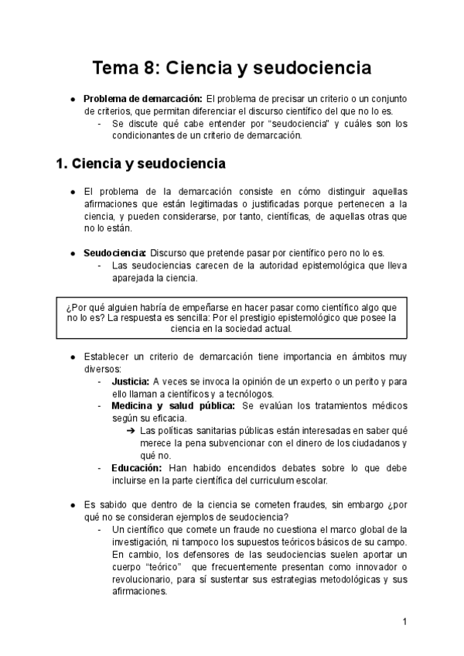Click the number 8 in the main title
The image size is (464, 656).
(152, 68)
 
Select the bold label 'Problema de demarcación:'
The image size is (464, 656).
(142, 99)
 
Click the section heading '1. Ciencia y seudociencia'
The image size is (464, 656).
(141, 164)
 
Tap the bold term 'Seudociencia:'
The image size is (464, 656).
(115, 254)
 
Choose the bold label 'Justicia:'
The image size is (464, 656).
(131, 381)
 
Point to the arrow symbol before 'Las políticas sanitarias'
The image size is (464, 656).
(131, 431)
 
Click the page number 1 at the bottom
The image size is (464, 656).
(404, 621)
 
